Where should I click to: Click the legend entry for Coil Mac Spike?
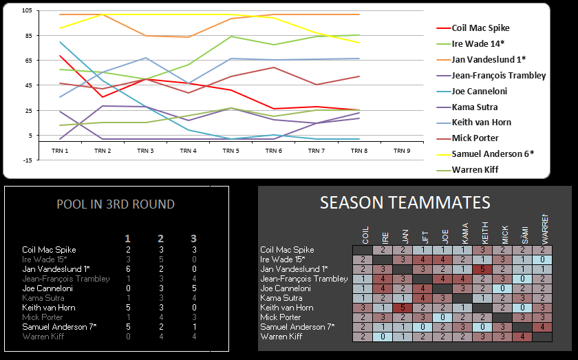coord(480,28)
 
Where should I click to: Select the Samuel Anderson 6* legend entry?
coord(489,153)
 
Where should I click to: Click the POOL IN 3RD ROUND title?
coord(115,204)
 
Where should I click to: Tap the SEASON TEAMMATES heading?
coord(405,202)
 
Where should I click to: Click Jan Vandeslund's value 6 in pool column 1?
coord(128,268)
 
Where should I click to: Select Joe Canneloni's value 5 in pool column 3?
coord(195,288)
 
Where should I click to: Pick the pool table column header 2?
coord(161,238)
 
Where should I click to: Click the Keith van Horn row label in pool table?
coord(49,308)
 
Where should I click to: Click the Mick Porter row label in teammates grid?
coord(281,317)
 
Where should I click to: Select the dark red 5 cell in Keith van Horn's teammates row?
coord(405,308)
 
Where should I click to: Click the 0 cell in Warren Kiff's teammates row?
coord(385,337)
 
